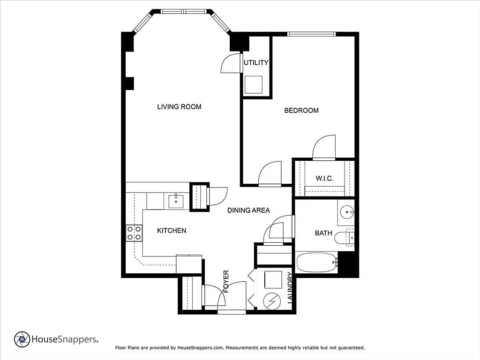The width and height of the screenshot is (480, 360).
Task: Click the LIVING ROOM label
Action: (x=179, y=107)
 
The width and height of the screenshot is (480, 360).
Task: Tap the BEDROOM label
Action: (x=301, y=111)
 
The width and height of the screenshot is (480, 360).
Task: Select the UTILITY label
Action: (x=256, y=62)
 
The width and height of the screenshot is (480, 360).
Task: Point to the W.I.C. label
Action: (x=324, y=178)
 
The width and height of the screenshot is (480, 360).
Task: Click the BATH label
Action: (x=323, y=233)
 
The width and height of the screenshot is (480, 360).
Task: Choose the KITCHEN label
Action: (x=172, y=231)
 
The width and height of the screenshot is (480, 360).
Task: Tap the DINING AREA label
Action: (x=248, y=210)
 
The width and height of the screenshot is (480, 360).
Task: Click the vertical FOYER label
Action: (x=226, y=281)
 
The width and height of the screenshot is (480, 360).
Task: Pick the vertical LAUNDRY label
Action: (x=290, y=288)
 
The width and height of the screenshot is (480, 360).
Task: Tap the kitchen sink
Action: (x=176, y=202)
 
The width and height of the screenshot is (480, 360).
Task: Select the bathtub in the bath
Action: (x=316, y=262)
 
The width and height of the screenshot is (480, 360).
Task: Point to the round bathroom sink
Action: (x=346, y=212)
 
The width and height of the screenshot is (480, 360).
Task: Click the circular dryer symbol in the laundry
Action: (x=272, y=301)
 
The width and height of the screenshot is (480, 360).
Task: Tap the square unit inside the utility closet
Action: (x=253, y=84)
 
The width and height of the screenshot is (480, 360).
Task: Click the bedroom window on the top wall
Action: (x=311, y=34)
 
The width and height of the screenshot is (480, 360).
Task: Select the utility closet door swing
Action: (x=231, y=63)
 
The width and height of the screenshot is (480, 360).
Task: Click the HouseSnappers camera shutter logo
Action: (x=22, y=339)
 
